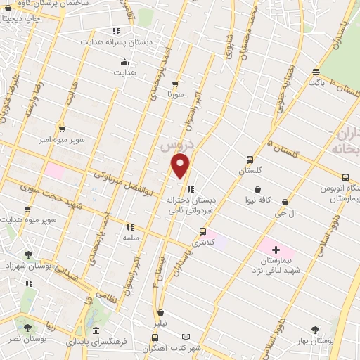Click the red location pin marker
pos(181,166)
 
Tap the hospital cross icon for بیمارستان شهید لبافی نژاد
pos(275,250)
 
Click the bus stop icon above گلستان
pos(250,160)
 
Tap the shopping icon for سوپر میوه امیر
pos(62,129)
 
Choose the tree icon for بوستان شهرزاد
pos(28,255)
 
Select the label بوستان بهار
pos(314,340)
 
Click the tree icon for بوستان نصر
pos(27,327)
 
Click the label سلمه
pos(130,239)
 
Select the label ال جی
pos(284,213)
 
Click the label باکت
pos(317,82)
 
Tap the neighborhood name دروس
pos(173,147)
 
